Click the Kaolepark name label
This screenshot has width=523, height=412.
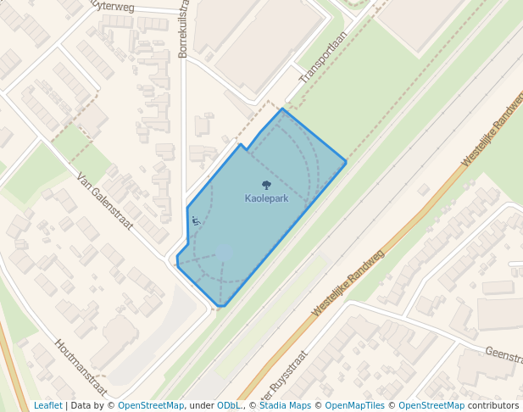pos(266,198)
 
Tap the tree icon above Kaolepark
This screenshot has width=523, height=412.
pos(266,186)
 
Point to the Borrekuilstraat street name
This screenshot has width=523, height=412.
pos(183,30)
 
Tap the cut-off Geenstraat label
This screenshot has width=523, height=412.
pos(503,354)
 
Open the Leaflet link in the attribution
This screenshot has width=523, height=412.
pos(47,405)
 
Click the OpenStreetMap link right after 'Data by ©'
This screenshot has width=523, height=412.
pos(150,405)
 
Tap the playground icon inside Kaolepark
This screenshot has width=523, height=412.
pos(196,220)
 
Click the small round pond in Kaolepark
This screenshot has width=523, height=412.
pos(223,251)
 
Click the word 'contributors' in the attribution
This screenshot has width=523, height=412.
pos(493,405)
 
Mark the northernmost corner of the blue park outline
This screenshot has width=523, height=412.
pos(282,109)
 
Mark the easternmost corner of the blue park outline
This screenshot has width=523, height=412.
pos(346,161)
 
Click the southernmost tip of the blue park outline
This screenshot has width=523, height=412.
pos(223,305)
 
